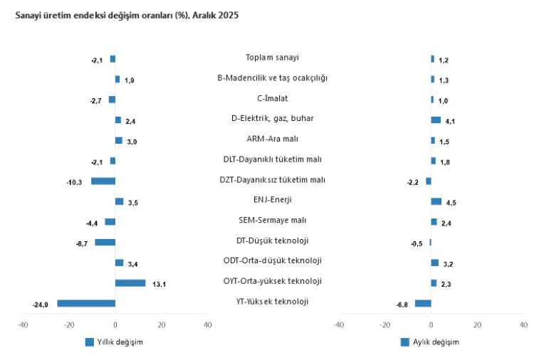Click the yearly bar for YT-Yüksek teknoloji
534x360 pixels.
(x=86, y=303)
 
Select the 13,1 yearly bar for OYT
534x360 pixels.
(x=130, y=283)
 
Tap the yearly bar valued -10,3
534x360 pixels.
(x=103, y=181)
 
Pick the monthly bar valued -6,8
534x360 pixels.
(x=423, y=303)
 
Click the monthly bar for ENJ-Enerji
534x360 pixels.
(x=436, y=201)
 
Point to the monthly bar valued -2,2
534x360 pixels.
(x=429, y=181)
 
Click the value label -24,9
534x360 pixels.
(x=41, y=305)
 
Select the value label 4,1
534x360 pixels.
(x=450, y=122)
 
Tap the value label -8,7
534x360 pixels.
(x=81, y=244)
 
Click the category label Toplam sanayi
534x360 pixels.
(x=272, y=58)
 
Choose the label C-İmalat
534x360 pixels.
(x=272, y=98)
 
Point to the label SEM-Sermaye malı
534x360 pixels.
(x=272, y=221)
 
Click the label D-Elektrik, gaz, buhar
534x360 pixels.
(x=272, y=119)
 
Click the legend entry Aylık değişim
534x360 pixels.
(x=435, y=342)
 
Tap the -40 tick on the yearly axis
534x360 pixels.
(x=23, y=325)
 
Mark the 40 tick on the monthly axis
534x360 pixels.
(x=523, y=325)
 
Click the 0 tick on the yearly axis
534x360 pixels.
(x=115, y=325)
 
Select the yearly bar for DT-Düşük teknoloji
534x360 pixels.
(x=105, y=242)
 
